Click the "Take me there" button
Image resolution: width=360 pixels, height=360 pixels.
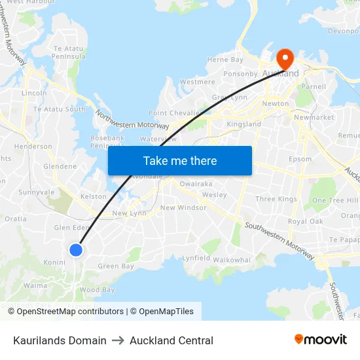pos(180,160)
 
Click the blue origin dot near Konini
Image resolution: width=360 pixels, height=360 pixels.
pos(76,249)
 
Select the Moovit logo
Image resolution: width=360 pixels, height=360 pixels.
pos(321,339)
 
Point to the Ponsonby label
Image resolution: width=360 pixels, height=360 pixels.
pos(241,74)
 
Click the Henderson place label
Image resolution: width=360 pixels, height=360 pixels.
pos(33,147)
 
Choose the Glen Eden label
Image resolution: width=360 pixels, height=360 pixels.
pos(71,228)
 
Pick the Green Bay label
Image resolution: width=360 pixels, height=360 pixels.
pos(116,266)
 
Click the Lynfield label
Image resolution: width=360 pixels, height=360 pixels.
pos(196,259)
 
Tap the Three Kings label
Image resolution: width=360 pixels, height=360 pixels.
pos(276,199)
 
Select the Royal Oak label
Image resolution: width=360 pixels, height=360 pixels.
pos(306,221)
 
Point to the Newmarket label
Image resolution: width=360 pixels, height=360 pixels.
pos(314,118)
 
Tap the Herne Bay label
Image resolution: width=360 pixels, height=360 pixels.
pos(225,60)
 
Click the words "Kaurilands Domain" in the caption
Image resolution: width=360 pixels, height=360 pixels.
pos(60,340)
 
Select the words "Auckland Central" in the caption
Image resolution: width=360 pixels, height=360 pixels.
pos(171,340)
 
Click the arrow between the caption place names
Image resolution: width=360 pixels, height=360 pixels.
pos(118,340)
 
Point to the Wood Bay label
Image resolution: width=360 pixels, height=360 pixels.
pos(97,290)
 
